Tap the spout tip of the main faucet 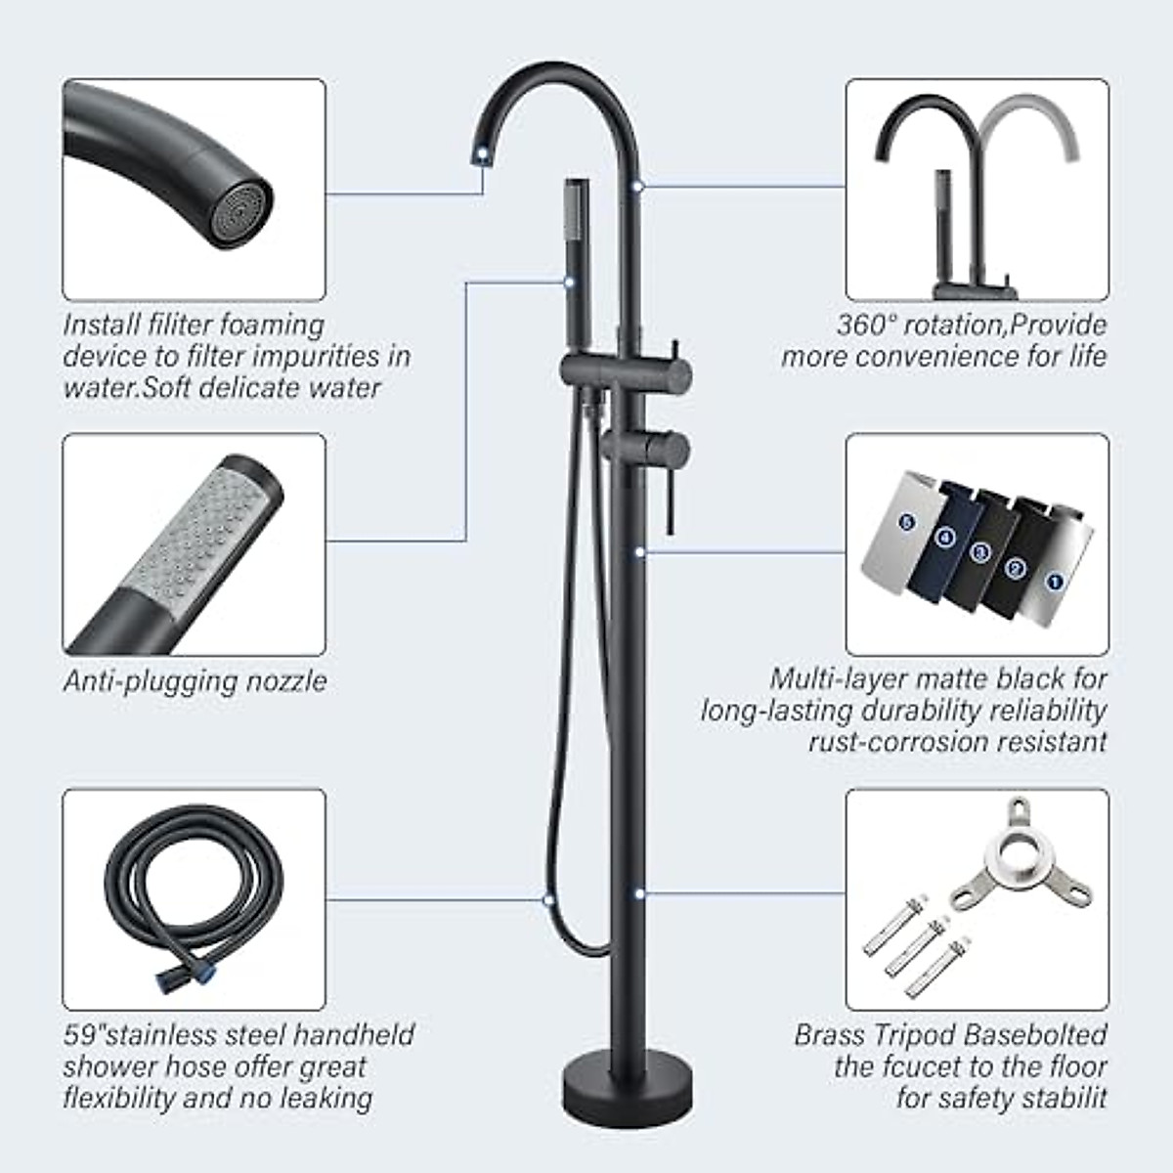pyautogui.click(x=481, y=149)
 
